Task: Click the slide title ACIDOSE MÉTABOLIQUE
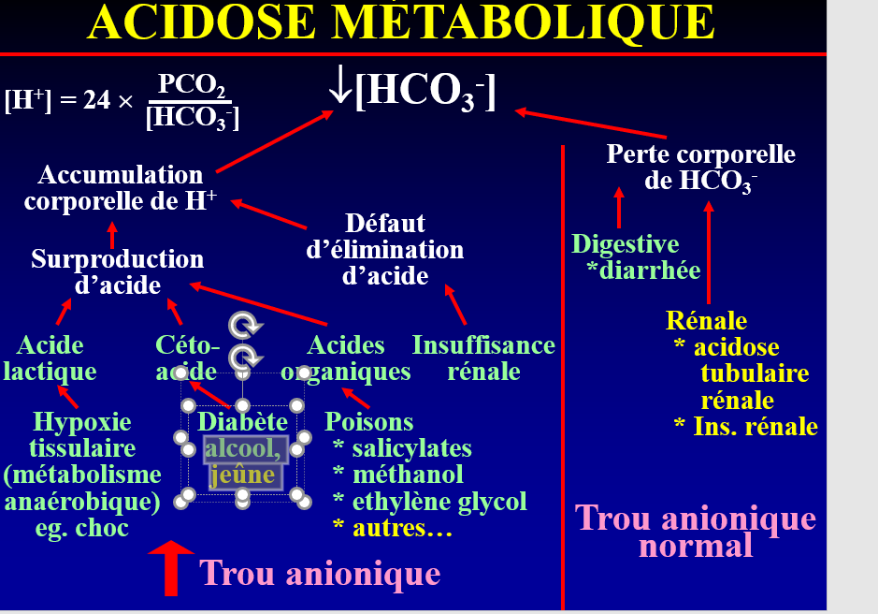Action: tap(401, 22)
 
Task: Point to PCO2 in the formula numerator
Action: tap(192, 85)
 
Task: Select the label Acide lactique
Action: tap(50, 358)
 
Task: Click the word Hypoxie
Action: tap(82, 422)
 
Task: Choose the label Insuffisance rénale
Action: tap(483, 358)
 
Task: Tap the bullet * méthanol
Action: tap(398, 475)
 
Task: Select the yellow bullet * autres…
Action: tap(393, 529)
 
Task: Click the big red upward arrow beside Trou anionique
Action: tap(171, 567)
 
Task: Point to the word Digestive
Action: tap(626, 245)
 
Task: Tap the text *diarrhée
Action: tap(643, 271)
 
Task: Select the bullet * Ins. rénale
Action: tap(745, 427)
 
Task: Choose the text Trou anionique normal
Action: tap(696, 531)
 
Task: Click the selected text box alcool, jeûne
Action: tap(243, 462)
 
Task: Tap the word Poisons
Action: tap(369, 422)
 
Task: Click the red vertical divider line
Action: tap(563, 374)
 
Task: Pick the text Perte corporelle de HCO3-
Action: tap(700, 168)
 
